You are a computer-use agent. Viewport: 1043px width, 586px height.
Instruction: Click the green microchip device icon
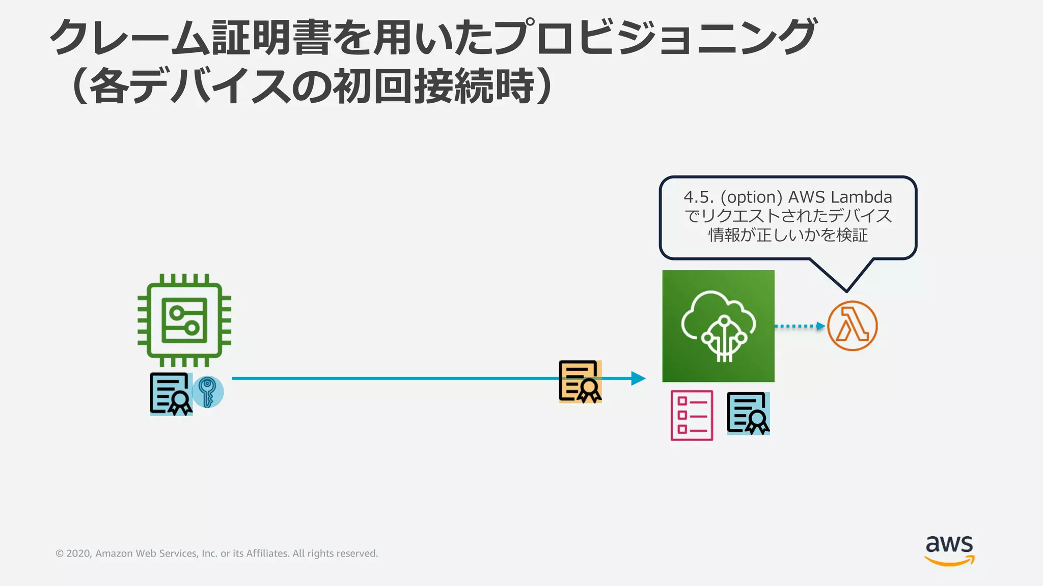tap(184, 320)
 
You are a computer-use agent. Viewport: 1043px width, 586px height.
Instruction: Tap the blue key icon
tap(207, 392)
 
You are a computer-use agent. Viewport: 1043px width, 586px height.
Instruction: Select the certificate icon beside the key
tap(171, 394)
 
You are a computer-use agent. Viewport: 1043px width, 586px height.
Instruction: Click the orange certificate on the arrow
tap(580, 382)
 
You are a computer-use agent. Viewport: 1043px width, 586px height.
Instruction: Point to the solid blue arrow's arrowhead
tap(639, 378)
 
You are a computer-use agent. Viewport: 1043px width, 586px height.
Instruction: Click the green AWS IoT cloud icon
tap(718, 326)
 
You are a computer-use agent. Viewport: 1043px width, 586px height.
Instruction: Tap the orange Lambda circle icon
tap(852, 326)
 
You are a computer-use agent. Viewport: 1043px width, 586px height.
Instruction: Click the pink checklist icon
tap(692, 415)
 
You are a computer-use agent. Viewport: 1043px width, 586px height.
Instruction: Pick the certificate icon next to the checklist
tap(748, 413)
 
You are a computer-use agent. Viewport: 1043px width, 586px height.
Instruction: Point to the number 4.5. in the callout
tap(699, 197)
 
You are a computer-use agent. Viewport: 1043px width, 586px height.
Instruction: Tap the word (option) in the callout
tap(751, 197)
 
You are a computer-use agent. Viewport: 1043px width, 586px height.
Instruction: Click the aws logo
tap(949, 549)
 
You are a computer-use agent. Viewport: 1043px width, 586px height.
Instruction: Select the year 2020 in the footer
tap(78, 553)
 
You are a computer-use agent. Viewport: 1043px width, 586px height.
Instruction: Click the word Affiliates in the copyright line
tap(267, 553)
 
